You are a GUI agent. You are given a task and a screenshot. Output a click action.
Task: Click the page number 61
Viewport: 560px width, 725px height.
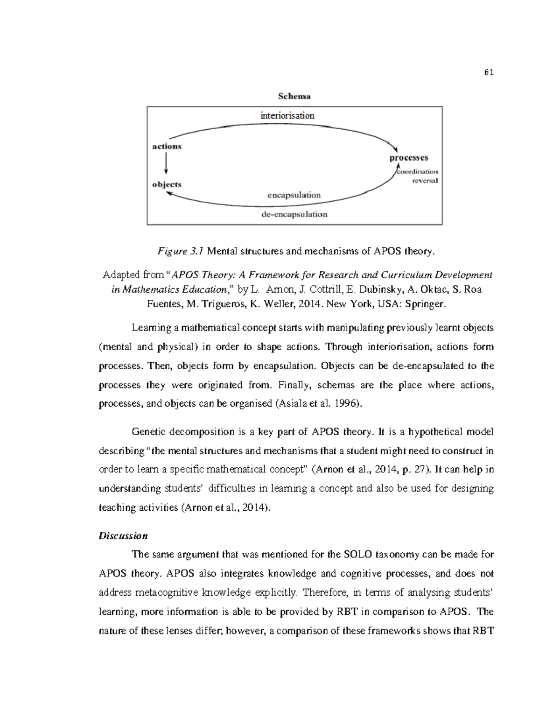(489, 72)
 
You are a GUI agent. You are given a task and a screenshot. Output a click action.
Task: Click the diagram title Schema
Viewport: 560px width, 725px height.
(294, 96)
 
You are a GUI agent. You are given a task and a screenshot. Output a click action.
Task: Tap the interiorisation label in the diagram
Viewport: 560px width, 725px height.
(287, 115)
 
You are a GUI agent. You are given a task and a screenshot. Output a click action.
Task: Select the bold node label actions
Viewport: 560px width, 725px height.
(167, 146)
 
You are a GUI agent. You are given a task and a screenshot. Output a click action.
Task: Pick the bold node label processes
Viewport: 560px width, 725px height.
(408, 158)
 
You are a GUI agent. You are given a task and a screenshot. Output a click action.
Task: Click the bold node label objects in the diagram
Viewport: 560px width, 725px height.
(167, 184)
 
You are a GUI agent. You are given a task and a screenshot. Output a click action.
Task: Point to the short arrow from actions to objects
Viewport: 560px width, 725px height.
(166, 164)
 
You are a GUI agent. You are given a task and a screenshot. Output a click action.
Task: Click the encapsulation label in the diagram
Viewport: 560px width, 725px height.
(294, 195)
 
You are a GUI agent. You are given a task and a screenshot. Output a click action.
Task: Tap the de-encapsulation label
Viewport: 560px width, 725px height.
(294, 214)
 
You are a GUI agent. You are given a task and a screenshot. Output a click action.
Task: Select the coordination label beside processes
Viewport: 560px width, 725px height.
(418, 171)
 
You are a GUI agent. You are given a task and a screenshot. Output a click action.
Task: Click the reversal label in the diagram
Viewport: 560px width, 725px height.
(425, 181)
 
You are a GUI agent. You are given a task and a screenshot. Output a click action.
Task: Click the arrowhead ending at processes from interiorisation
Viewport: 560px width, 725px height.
(395, 148)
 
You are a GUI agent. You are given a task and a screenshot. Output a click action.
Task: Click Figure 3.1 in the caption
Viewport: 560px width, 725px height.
(181, 251)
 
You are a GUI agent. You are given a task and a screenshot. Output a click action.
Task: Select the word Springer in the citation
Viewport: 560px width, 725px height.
(425, 304)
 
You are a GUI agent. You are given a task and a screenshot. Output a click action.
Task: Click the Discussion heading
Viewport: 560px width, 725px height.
(123, 535)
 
